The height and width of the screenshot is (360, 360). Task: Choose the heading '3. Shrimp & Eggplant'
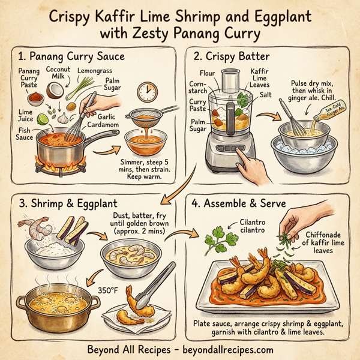click(67, 203)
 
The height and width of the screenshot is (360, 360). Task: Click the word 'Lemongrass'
click(94, 70)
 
